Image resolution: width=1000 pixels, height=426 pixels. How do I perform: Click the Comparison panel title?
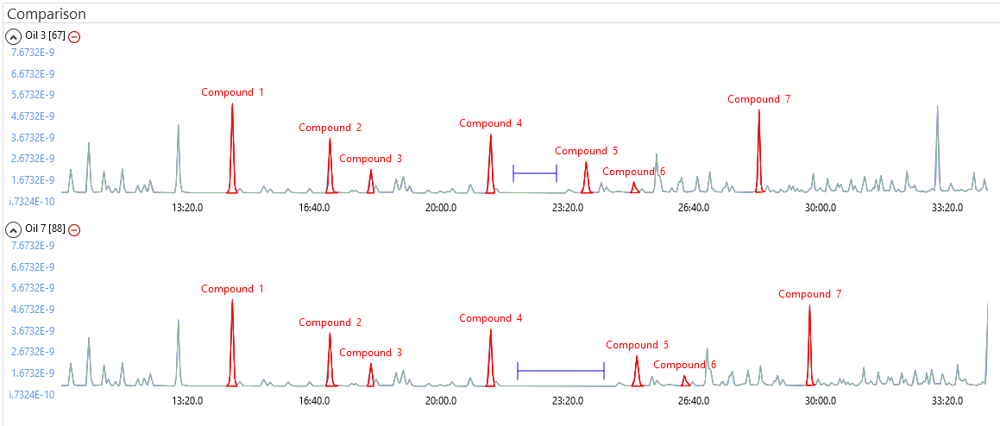tap(46, 14)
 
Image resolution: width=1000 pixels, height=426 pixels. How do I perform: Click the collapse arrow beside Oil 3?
tap(14, 36)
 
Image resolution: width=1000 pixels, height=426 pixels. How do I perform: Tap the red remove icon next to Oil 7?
tap(74, 229)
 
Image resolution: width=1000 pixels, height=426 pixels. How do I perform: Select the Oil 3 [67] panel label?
tap(45, 36)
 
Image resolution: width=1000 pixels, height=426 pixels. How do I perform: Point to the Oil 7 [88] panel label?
tap(45, 229)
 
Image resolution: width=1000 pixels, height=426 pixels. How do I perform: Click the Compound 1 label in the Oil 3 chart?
tap(232, 92)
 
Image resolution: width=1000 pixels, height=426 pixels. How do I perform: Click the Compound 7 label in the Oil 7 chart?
tap(809, 294)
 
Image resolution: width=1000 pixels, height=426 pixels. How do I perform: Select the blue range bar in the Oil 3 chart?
tap(535, 173)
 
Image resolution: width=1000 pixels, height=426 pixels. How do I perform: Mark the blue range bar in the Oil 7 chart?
tap(561, 371)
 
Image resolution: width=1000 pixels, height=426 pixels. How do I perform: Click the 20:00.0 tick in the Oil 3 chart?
tap(441, 207)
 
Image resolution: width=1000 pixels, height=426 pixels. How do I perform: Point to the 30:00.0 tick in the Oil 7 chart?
tap(821, 400)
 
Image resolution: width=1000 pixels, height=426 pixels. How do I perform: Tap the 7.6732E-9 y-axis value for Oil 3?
tap(32, 53)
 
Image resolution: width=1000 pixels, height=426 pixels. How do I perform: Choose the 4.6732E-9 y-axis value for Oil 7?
tap(32, 310)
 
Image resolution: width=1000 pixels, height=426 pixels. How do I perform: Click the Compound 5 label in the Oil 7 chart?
tap(637, 345)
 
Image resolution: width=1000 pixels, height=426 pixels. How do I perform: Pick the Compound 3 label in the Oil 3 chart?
tap(370, 159)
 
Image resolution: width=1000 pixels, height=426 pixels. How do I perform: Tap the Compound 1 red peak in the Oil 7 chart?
tap(232, 345)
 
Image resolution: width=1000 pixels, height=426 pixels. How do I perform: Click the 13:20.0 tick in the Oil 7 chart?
tap(187, 400)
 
